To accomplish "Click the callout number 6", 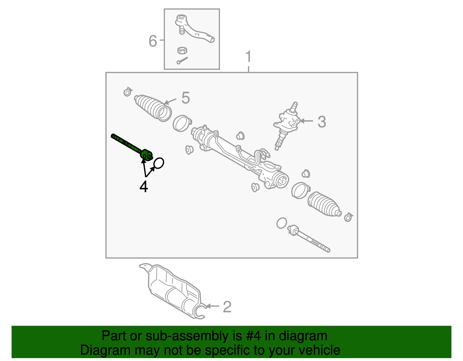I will click(153, 41).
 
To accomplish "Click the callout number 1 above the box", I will click(249, 57).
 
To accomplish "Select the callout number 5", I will click(185, 98).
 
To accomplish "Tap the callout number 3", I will click(322, 122).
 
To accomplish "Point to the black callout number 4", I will click(144, 187).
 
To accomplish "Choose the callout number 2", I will click(227, 307).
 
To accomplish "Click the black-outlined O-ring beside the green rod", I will click(159, 163).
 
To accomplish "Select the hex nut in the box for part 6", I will click(182, 50).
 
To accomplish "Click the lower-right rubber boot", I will click(324, 204).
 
